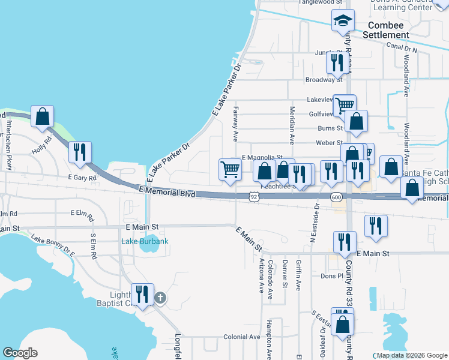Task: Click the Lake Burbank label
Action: (x=145, y=241)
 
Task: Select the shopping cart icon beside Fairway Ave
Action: (x=230, y=170)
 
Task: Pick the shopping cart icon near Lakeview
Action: (x=345, y=106)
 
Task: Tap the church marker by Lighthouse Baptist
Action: (x=160, y=298)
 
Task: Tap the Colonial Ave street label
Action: (x=242, y=337)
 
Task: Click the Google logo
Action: (x=20, y=353)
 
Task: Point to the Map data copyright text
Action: (x=411, y=355)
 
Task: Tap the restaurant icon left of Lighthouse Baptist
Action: (x=142, y=294)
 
